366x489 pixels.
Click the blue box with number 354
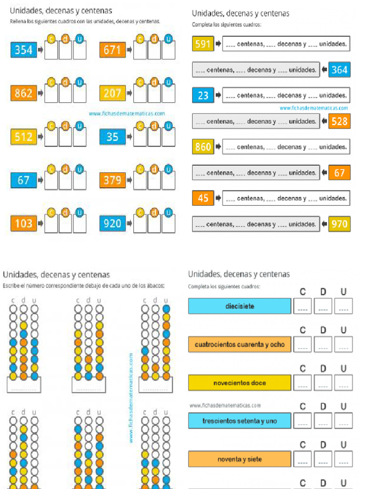(23, 50)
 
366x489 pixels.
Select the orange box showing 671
(112, 50)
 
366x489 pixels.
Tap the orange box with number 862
(23, 93)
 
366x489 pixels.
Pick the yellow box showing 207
(112, 93)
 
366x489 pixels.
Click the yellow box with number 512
(23, 137)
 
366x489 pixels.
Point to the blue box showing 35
(112, 137)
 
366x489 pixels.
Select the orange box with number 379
(112, 180)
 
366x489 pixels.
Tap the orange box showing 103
(23, 223)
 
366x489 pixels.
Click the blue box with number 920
(112, 223)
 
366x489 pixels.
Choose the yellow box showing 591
(203, 44)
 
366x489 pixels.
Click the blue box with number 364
(339, 70)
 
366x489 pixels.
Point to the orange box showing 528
(339, 121)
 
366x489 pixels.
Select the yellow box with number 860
(203, 147)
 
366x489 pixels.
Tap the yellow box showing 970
(339, 223)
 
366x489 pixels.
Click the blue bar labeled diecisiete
(239, 306)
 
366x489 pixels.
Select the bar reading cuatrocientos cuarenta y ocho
(239, 344)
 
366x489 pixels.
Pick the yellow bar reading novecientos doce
(239, 383)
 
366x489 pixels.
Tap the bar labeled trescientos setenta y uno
(239, 421)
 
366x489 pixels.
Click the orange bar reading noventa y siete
(239, 459)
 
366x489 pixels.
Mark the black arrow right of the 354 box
(40, 50)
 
